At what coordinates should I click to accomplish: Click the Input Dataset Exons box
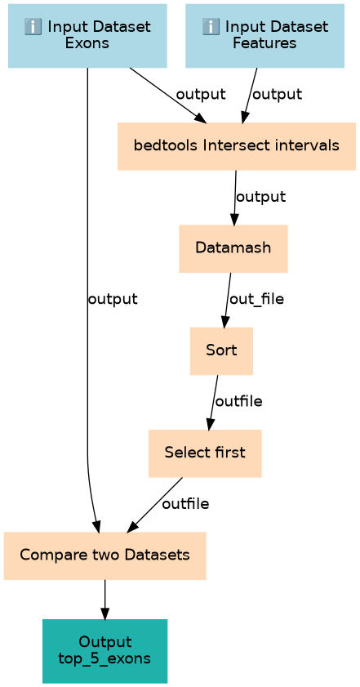click(x=87, y=36)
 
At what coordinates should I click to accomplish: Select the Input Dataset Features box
click(x=265, y=36)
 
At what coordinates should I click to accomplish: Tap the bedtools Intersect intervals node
click(x=237, y=146)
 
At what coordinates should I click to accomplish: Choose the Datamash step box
click(x=233, y=248)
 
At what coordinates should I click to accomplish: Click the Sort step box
click(x=221, y=351)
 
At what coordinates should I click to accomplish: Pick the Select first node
click(x=205, y=453)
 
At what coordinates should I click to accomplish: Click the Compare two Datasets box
click(x=105, y=555)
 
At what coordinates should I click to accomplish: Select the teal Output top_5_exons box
click(x=105, y=650)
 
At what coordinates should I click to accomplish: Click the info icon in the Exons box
click(x=33, y=28)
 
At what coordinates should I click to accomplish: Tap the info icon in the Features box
click(x=211, y=28)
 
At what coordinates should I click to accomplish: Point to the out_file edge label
click(x=256, y=299)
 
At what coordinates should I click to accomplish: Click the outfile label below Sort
click(x=239, y=401)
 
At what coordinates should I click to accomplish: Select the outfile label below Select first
click(x=185, y=504)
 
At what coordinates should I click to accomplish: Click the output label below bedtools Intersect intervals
click(x=261, y=197)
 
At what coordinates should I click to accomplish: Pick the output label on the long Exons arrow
click(x=113, y=299)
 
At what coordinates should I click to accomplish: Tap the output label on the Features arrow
click(x=278, y=94)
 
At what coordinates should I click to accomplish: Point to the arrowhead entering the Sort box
click(x=224, y=322)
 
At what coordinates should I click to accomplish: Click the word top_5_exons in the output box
click(x=105, y=658)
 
